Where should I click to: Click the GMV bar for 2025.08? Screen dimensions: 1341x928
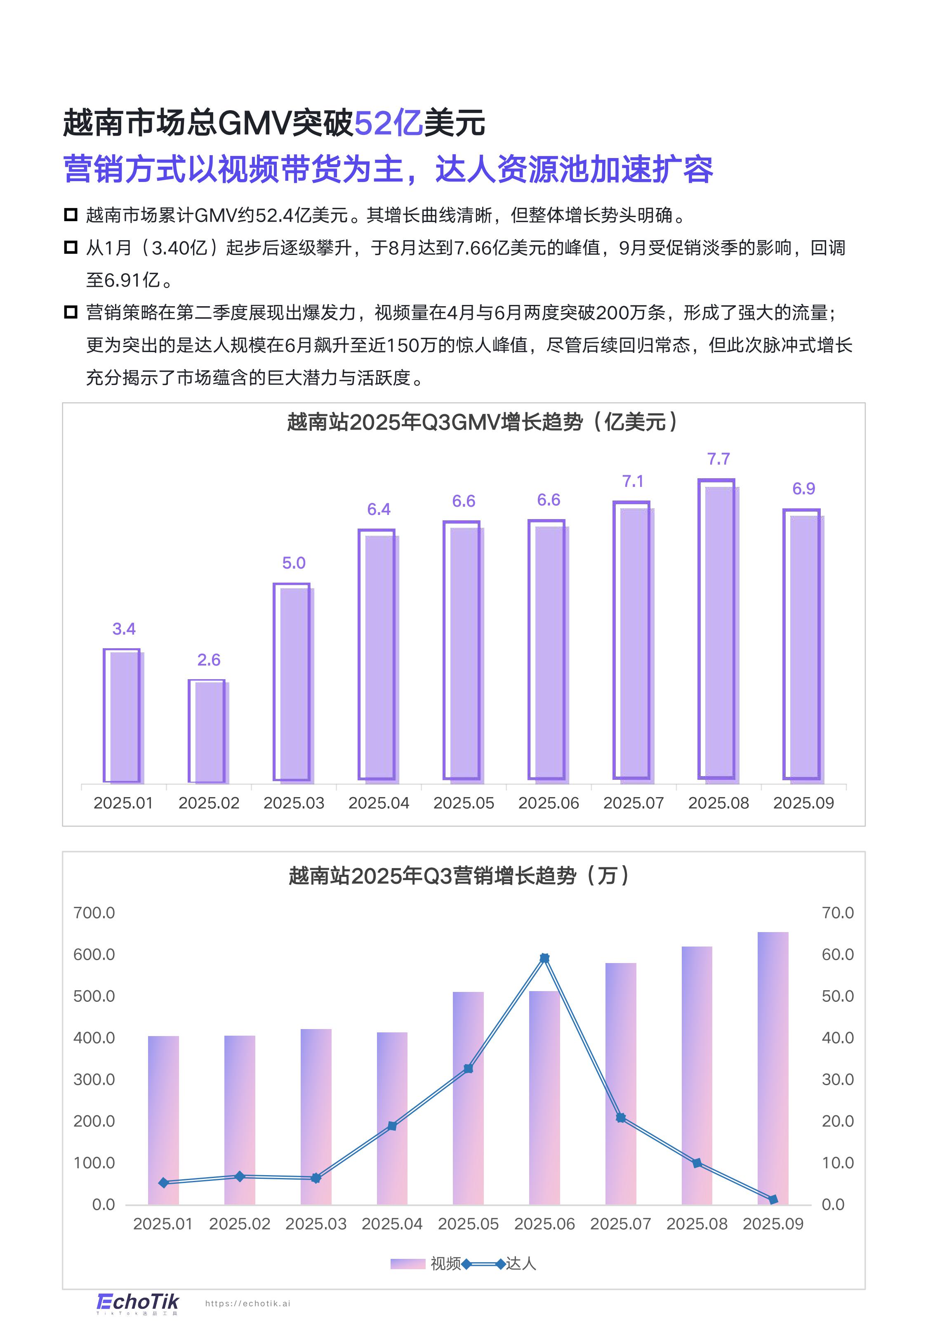[x=718, y=631]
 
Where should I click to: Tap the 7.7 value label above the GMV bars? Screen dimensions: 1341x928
[x=718, y=459]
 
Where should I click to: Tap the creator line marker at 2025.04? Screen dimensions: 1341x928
[x=392, y=1126]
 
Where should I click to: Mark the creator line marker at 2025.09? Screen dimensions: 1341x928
[x=773, y=1200]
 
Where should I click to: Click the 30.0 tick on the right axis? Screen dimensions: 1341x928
[x=837, y=1079]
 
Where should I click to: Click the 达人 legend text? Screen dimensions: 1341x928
[x=521, y=1264]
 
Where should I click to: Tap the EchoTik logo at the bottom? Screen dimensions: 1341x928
[x=138, y=1303]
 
